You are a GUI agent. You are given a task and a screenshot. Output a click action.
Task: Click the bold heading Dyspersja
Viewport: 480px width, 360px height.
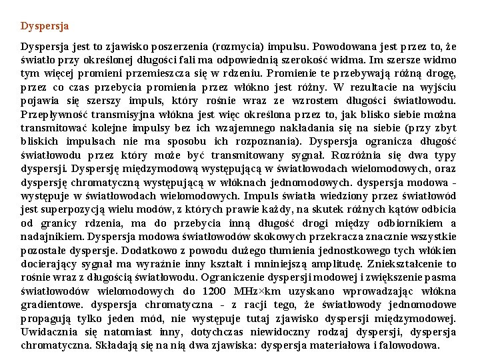pyautogui.click(x=45, y=27)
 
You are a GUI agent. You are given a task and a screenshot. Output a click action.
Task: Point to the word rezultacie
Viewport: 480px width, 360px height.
pyautogui.click(x=380, y=87)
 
